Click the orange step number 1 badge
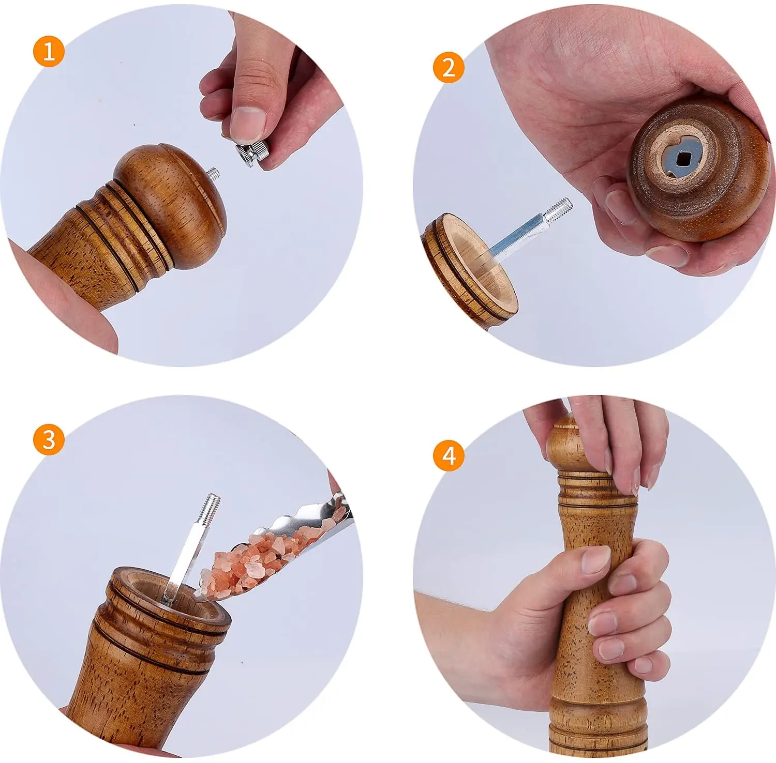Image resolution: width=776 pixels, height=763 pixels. (49, 52)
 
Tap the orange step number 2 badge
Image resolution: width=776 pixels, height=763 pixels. (449, 68)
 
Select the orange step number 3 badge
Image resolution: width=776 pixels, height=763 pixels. (49, 440)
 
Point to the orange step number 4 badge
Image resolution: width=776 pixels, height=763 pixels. (449, 455)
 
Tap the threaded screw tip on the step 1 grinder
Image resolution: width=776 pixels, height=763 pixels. (213, 173)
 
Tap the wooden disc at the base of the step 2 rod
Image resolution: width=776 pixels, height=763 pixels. (469, 269)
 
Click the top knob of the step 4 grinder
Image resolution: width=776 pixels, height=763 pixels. (569, 445)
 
